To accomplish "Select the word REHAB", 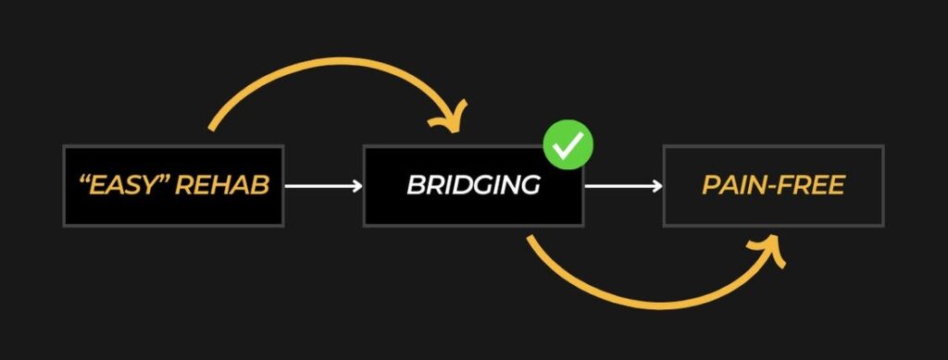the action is [221, 186].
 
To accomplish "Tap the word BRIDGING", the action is [473, 185].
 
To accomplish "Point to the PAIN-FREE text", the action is [773, 185].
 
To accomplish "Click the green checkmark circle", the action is [568, 144].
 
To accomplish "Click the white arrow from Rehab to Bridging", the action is [323, 186].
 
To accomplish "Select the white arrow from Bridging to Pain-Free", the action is [623, 186].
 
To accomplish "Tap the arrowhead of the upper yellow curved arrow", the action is [451, 118].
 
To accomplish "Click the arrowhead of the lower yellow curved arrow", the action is [769, 251].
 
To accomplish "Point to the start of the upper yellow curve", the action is [211, 128].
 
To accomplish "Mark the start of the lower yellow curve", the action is [530, 239].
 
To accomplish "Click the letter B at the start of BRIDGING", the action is [416, 185].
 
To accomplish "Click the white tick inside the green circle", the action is [568, 145].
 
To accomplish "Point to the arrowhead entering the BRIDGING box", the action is [357, 186].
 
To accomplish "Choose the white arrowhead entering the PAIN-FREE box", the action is [657, 186].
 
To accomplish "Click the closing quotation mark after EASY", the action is [165, 180].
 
